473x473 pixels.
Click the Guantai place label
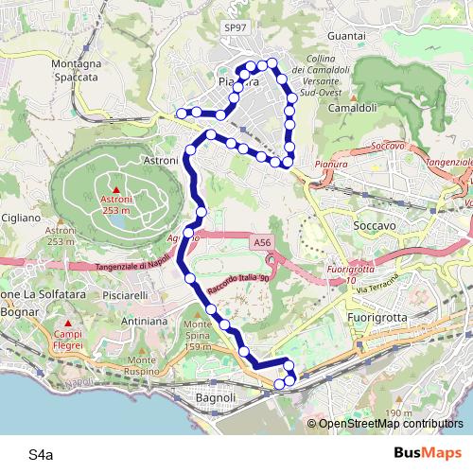[x=345, y=35]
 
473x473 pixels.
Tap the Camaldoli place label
[x=353, y=108]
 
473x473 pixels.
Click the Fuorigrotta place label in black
[x=377, y=317]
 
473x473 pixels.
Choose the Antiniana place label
[x=145, y=322]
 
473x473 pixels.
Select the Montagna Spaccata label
[x=76, y=70]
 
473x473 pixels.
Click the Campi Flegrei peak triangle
[x=67, y=324]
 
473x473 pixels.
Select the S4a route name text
[x=41, y=455]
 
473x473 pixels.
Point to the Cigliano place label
[x=19, y=218]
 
